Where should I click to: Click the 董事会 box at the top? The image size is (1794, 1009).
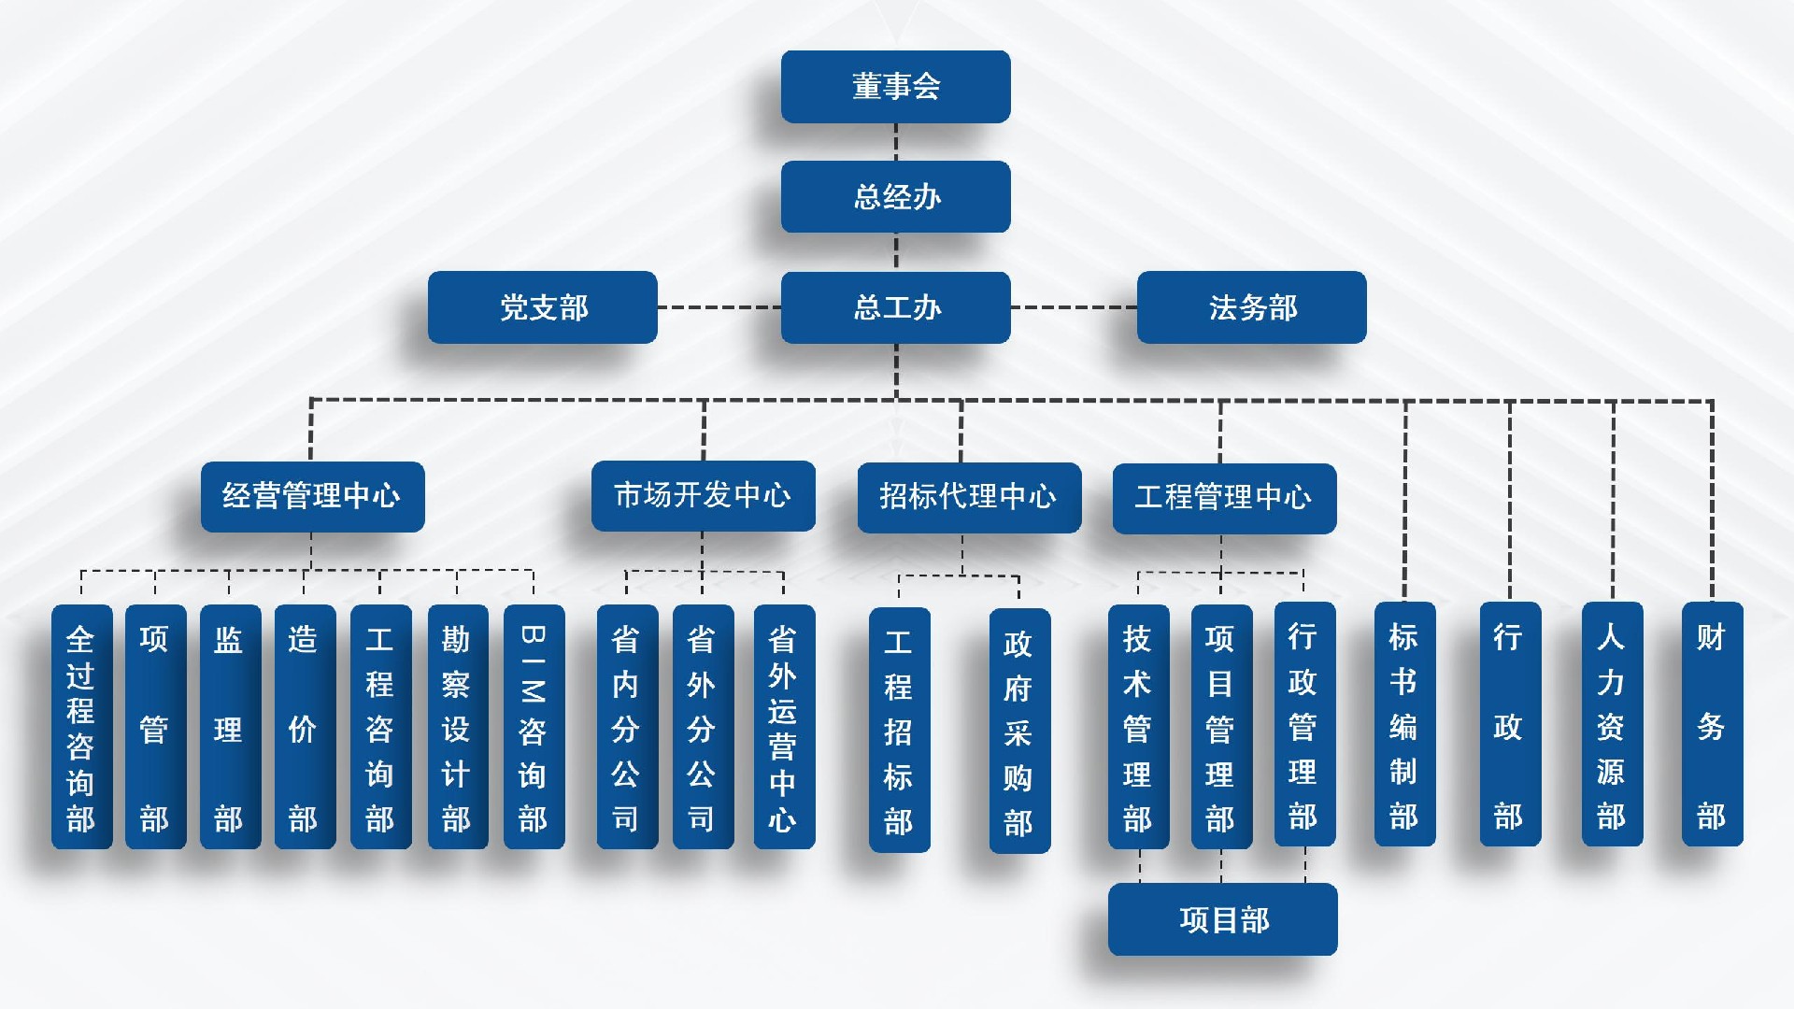pyautogui.click(x=895, y=87)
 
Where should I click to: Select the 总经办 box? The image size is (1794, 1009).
pyautogui.click(x=895, y=196)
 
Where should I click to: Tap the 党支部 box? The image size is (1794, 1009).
pyautogui.click(x=542, y=307)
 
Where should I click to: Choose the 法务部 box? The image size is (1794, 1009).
pyautogui.click(x=1251, y=307)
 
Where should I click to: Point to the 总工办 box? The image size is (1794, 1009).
pyautogui.click(x=895, y=307)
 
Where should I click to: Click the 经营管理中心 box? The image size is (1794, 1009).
pyautogui.click(x=312, y=496)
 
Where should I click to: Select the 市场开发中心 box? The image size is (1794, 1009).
pyautogui.click(x=703, y=495)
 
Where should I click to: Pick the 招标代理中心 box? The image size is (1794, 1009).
pyautogui.click(x=969, y=497)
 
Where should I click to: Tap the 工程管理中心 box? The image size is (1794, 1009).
pyautogui.click(x=1224, y=498)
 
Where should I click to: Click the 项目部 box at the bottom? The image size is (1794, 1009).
pyautogui.click(x=1222, y=919)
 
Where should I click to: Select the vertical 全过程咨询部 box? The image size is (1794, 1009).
pyautogui.click(x=81, y=727)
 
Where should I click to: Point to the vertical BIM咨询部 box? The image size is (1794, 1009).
pyautogui.click(x=534, y=727)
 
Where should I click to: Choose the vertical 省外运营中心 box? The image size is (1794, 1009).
pyautogui.click(x=784, y=727)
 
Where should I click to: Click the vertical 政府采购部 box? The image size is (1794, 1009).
pyautogui.click(x=1019, y=731)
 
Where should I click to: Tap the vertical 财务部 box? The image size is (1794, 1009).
pyautogui.click(x=1712, y=725)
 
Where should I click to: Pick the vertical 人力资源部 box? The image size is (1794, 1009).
pyautogui.click(x=1612, y=725)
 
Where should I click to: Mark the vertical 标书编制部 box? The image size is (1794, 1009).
pyautogui.click(x=1404, y=725)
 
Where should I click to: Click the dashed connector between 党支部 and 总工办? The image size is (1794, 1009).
pyautogui.click(x=719, y=307)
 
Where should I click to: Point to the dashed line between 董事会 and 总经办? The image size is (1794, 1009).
pyautogui.click(x=895, y=142)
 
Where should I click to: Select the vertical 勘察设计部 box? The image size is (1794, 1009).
pyautogui.click(x=457, y=727)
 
